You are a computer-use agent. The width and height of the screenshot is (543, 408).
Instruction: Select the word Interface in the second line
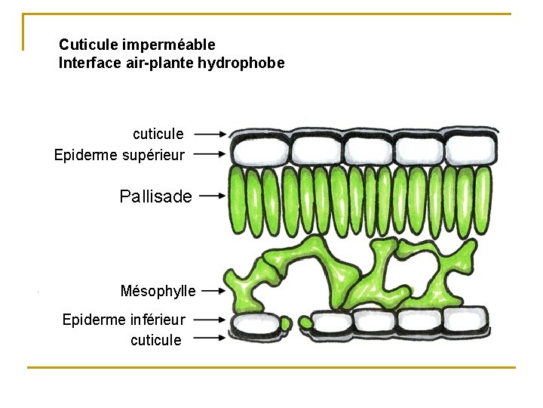87,63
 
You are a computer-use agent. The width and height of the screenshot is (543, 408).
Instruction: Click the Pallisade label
155,196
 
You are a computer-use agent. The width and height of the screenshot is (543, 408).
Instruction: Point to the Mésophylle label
158,291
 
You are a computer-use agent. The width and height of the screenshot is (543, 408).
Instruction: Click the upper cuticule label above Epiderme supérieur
158,134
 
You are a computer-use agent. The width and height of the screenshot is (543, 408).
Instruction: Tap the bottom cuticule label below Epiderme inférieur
155,340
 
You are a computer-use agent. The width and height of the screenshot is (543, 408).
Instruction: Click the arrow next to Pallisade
212,196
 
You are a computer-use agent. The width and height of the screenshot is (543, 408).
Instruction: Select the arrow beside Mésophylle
213,290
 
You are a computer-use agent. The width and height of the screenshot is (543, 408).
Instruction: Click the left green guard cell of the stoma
285,323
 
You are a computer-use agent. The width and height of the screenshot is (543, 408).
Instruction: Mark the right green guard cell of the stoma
305,323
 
